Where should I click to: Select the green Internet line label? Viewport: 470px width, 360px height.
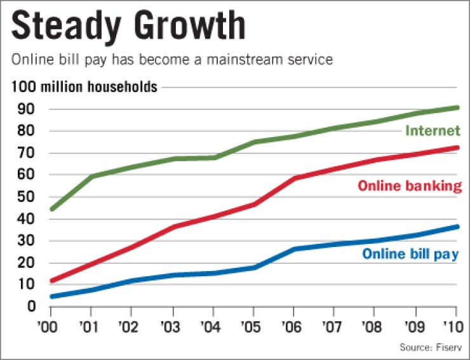pos(433,131)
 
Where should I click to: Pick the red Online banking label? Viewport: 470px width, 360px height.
pos(408,186)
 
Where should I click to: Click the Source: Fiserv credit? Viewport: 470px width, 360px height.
pos(429,347)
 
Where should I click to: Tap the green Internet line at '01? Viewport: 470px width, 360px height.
pos(91,177)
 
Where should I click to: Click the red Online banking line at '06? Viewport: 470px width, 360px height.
pos(294,178)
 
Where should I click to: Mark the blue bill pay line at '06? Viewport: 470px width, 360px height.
pos(294,249)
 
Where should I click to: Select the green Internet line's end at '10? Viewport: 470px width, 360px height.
pos(456,108)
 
